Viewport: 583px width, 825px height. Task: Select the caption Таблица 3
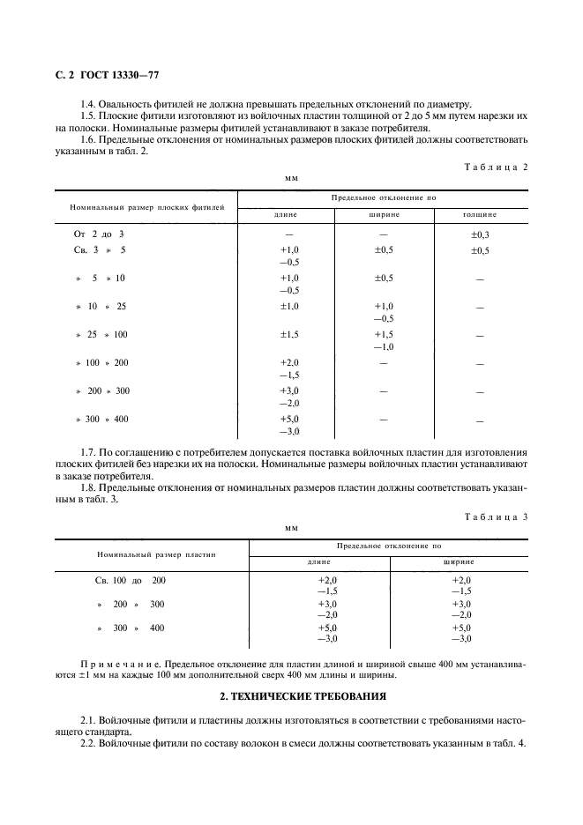[494, 517]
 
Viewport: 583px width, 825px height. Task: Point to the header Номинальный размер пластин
[151, 554]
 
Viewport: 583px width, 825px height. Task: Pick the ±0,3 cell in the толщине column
[480, 234]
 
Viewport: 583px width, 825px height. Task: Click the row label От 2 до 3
[99, 234]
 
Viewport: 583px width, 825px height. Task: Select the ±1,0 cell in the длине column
[289, 306]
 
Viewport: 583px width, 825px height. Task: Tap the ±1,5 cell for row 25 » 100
[289, 334]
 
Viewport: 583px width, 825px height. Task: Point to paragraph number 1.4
[88, 104]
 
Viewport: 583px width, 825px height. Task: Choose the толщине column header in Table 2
[480, 214]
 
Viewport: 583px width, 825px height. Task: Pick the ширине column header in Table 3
[460, 561]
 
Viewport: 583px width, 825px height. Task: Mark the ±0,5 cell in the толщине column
[480, 250]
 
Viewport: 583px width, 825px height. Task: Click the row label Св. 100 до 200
[130, 581]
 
